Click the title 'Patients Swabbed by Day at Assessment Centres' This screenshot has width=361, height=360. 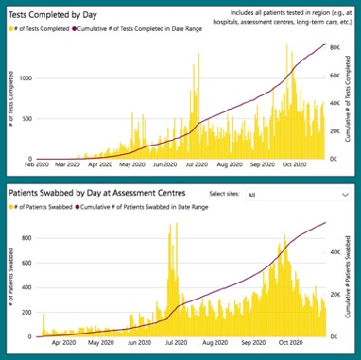tap(106, 194)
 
